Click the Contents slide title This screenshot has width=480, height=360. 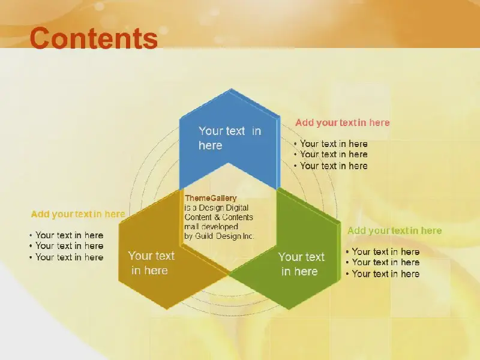coord(94,38)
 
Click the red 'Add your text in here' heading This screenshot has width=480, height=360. coord(342,123)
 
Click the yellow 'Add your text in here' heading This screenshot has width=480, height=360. coord(78,214)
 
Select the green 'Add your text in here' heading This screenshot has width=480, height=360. coord(395,230)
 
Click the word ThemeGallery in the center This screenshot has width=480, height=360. coord(211,198)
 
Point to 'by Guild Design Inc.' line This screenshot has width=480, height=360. coord(219,236)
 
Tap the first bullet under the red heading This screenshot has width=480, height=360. coord(331,143)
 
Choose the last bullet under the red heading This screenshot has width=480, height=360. coord(331,166)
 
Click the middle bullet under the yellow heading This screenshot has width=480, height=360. coord(66,246)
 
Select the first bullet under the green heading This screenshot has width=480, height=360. coord(383,251)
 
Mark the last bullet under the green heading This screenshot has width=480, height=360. coord(383,274)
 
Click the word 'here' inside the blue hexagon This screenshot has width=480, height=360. coord(211,145)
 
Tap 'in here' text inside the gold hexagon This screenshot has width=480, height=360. coord(149,271)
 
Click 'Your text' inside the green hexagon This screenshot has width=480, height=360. coord(301,257)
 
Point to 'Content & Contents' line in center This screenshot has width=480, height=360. coord(218,217)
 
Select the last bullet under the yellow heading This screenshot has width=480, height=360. coord(66,257)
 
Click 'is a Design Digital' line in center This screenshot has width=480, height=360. coord(216,208)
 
